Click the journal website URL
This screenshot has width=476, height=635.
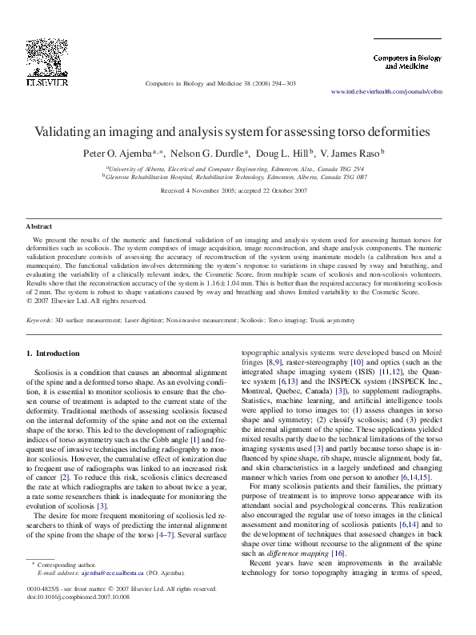point(386,92)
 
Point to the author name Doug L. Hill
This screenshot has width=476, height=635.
point(285,152)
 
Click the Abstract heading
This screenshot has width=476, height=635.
point(39,227)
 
